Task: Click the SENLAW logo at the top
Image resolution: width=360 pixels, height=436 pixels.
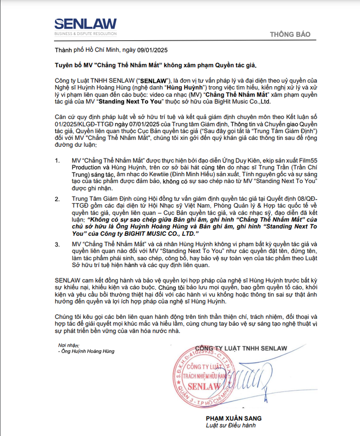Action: [85, 24]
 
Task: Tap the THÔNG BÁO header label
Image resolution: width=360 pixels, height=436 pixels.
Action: [290, 35]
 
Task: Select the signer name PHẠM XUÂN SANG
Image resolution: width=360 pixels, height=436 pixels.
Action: [234, 418]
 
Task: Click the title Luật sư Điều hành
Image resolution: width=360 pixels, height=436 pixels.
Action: [231, 425]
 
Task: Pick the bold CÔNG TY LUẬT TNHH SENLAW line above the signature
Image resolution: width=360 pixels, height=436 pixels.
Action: [241, 348]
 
